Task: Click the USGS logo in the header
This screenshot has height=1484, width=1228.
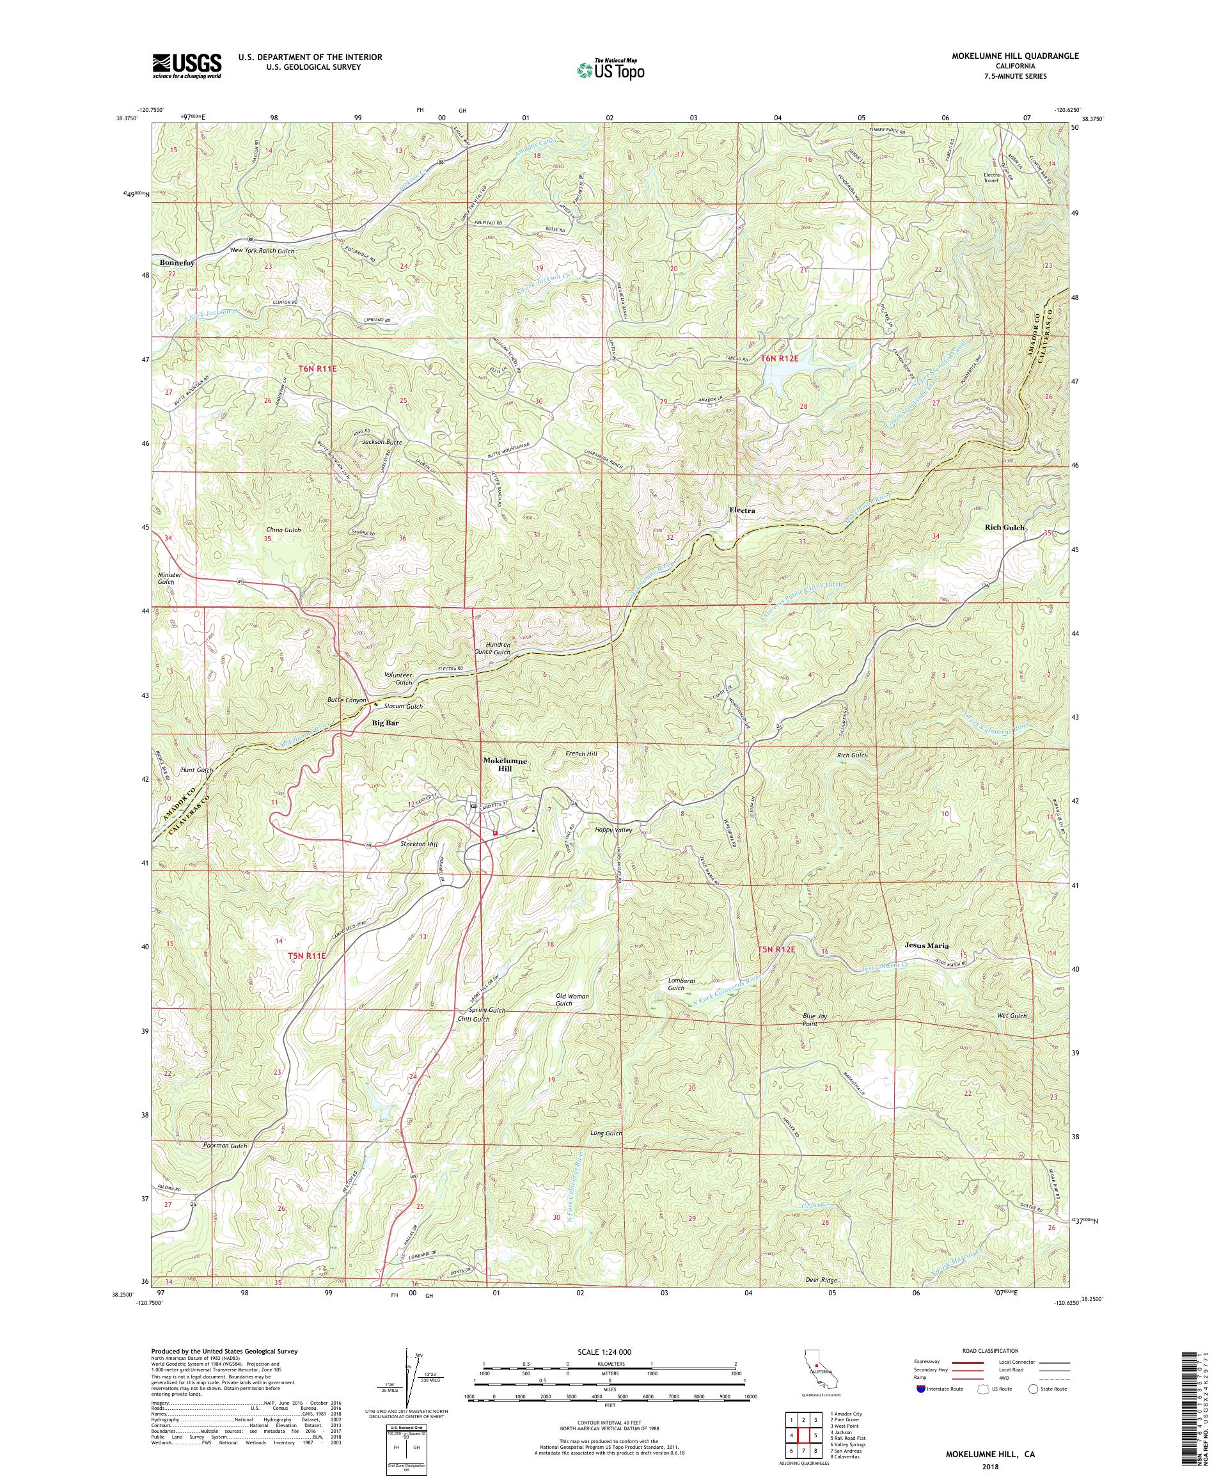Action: click(187, 67)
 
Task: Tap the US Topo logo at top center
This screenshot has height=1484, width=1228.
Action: click(610, 69)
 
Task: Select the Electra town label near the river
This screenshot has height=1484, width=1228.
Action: click(742, 510)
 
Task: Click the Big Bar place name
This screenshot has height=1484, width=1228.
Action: click(386, 723)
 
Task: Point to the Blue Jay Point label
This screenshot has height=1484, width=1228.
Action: click(814, 1020)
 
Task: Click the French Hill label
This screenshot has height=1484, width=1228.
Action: click(581, 754)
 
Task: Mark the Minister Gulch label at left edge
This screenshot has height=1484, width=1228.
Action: click(169, 578)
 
